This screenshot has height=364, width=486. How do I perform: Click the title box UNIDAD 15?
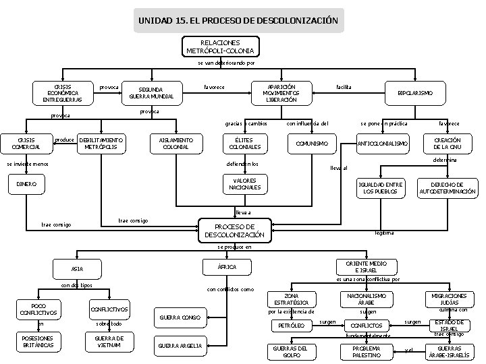[x=238, y=21]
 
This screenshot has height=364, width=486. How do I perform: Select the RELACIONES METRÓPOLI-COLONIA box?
[x=221, y=47]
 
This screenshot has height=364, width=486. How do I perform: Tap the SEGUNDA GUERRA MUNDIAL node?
[x=152, y=92]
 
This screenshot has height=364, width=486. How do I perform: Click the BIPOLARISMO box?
[x=416, y=92]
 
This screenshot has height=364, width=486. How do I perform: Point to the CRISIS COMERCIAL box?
[x=26, y=144]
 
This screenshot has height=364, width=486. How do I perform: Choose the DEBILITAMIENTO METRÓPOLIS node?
[x=101, y=144]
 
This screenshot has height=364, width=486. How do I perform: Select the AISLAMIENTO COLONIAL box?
[x=175, y=144]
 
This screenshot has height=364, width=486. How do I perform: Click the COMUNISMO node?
[x=313, y=144]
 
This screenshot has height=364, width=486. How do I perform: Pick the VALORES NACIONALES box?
[x=245, y=183]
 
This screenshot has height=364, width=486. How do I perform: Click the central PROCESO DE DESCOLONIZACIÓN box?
[x=234, y=231]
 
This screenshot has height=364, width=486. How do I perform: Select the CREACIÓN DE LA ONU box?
[x=447, y=144]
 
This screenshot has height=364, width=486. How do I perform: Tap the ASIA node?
[x=78, y=270]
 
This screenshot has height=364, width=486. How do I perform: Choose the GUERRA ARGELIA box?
[x=180, y=346]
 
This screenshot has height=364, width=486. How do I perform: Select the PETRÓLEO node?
[x=292, y=326]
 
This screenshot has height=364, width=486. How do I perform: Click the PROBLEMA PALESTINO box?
[x=367, y=351]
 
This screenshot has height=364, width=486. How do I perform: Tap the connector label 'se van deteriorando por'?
[x=225, y=63]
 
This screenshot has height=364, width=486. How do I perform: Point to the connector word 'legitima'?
[x=384, y=233]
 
